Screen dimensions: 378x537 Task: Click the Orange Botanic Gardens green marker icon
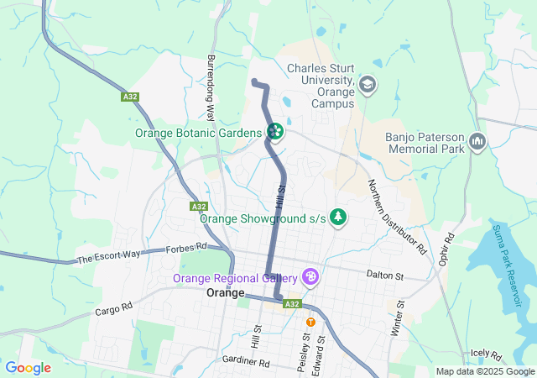click(x=274, y=132)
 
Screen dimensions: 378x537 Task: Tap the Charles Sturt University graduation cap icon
click(x=367, y=84)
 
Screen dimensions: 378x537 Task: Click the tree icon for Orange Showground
click(x=338, y=218)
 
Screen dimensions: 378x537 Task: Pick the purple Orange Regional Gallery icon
click(x=310, y=276)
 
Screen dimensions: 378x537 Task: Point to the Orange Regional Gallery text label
click(x=235, y=278)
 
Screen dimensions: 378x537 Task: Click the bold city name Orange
click(x=225, y=294)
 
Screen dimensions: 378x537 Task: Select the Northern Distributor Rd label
click(x=397, y=217)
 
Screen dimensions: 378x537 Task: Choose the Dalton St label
click(x=385, y=275)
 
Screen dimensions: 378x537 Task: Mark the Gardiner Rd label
click(x=246, y=362)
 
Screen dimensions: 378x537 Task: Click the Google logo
click(x=29, y=368)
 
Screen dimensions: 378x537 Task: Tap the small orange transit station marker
click(x=310, y=322)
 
